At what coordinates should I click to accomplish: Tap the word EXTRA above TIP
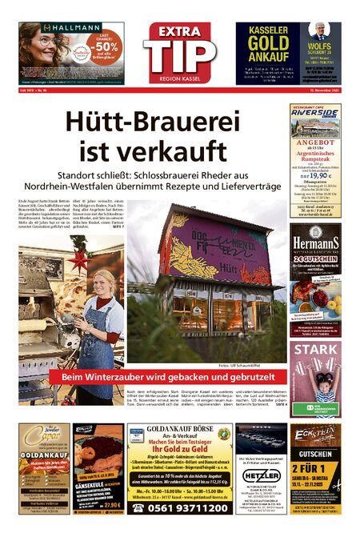[180, 31]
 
